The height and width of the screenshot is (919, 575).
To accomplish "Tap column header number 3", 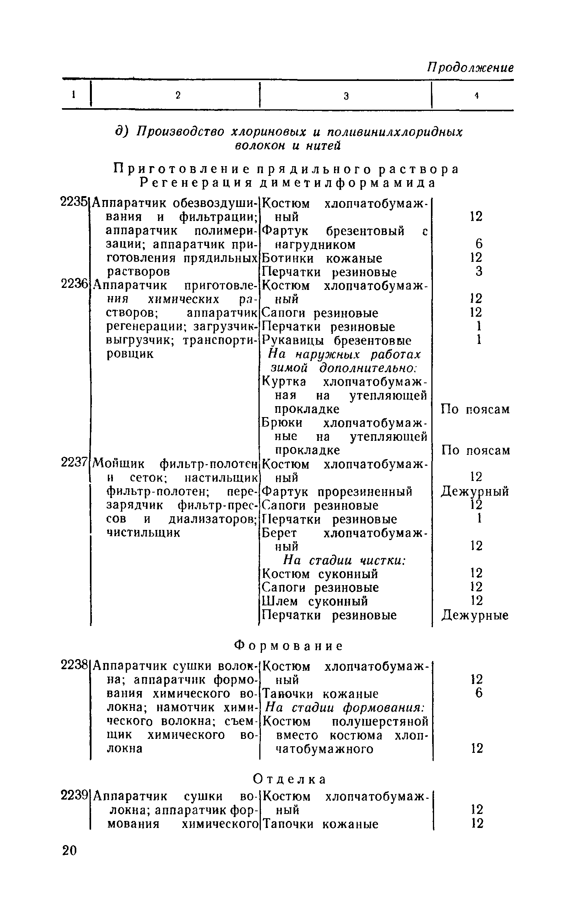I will pos(346,96).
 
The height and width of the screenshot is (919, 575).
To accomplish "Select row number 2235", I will pos(74,203).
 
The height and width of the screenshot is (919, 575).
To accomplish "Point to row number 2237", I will pos(74,463).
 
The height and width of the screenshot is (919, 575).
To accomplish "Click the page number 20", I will pos(70,851).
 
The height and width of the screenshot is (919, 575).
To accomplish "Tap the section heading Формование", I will pos(288,646).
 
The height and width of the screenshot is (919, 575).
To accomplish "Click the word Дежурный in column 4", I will pos(475,492).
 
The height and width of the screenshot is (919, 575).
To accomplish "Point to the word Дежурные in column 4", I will pos(475,615).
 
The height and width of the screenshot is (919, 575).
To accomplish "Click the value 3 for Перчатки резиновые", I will pos(478,272).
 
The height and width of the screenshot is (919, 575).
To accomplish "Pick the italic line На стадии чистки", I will pos(345,561).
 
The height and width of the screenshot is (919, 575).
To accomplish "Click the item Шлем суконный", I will pos(315,601).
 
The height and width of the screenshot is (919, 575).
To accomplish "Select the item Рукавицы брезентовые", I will pos(337,341).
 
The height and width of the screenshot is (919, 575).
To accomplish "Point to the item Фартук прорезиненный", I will pos(337,492).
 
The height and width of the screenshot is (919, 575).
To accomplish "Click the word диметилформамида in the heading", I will pos(347,182).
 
